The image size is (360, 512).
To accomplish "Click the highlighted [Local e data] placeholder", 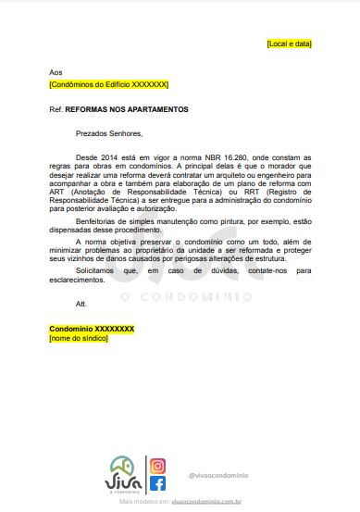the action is click(289, 44).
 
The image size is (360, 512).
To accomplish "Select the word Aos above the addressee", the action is click(56, 72).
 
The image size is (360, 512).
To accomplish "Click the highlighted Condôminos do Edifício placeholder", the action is click(109, 83).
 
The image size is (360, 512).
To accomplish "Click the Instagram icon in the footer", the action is click(157, 466).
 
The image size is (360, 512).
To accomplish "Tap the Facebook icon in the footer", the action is click(157, 484).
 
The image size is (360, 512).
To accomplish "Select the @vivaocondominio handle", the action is click(217, 475).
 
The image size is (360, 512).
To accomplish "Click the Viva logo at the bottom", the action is click(122, 475).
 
